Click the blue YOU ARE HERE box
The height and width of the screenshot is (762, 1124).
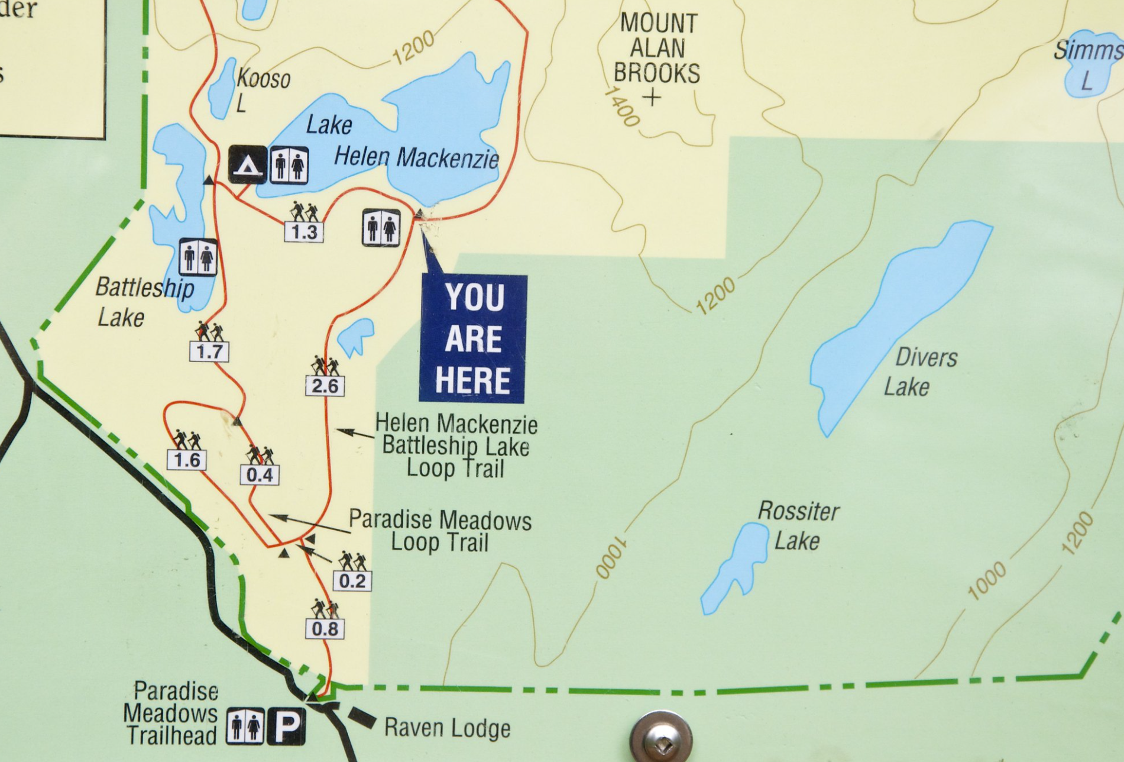[472, 338]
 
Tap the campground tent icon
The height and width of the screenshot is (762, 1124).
[247, 164]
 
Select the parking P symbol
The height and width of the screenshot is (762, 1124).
[287, 727]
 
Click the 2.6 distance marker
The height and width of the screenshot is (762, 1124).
[325, 386]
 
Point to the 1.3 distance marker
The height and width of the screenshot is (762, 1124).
[304, 232]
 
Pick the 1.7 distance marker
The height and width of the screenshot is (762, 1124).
[209, 352]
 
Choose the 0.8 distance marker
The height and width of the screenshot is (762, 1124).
[325, 628]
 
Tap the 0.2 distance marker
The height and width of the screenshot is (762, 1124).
[352, 581]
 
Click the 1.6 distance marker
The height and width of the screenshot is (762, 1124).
[187, 460]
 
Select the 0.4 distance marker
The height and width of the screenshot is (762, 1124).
[260, 474]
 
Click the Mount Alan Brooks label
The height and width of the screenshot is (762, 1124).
[657, 49]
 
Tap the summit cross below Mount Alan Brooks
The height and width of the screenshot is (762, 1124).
[653, 97]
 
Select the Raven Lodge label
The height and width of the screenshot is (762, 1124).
[447, 728]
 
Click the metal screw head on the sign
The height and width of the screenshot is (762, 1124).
[660, 737]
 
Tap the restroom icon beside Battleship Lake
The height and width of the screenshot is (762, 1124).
[198, 257]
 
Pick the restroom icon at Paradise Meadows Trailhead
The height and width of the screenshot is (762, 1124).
[245, 727]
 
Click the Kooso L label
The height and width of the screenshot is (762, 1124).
[260, 89]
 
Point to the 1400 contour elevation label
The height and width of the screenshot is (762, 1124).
[622, 107]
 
